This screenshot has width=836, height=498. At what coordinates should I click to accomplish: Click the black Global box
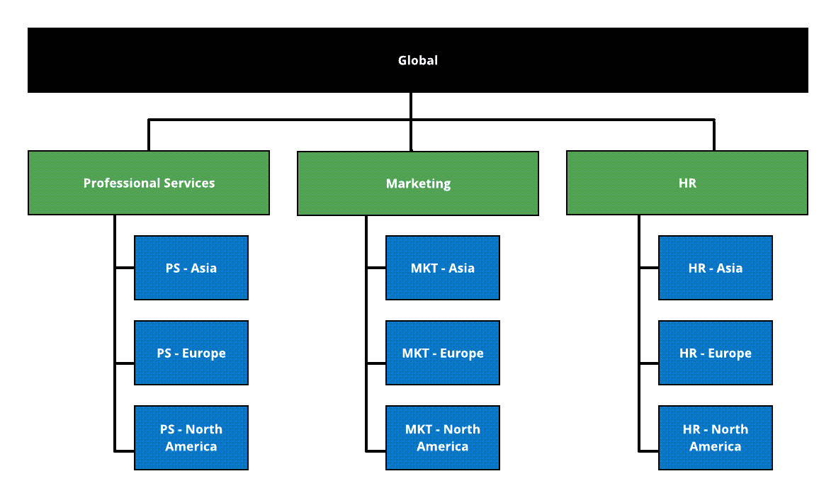[213, 60]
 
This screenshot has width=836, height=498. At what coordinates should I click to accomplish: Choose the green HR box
[687, 198]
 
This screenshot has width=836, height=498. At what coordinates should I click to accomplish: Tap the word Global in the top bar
[418, 60]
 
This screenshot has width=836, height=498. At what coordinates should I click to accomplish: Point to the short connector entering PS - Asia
[125, 268]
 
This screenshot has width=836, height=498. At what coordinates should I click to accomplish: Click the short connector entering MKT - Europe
[376, 364]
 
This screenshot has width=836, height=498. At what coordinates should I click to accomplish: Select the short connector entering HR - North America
[649, 450]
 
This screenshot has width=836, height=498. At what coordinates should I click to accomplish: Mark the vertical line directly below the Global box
[411, 106]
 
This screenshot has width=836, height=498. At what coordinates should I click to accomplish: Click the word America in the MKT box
[442, 447]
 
